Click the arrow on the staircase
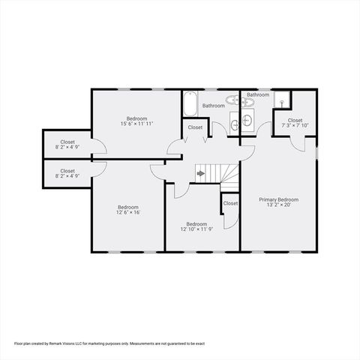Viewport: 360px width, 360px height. point(201,173)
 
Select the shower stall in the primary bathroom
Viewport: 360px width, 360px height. point(280,100)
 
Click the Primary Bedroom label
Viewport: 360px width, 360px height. point(279,199)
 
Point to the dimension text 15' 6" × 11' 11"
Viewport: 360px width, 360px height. point(136,124)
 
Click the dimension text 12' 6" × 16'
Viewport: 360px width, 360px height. point(128,212)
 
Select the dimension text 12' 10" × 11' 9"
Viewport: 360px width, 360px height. point(196,229)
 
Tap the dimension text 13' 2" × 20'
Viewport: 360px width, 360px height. point(279,205)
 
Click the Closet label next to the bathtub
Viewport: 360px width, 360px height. point(195,127)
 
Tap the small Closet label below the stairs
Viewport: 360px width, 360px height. point(230,203)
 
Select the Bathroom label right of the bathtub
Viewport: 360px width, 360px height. point(213,106)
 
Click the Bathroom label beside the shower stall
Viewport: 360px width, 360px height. point(258,95)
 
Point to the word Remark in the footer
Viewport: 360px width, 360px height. point(61,343)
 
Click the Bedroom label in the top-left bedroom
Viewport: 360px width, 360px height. point(136,118)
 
